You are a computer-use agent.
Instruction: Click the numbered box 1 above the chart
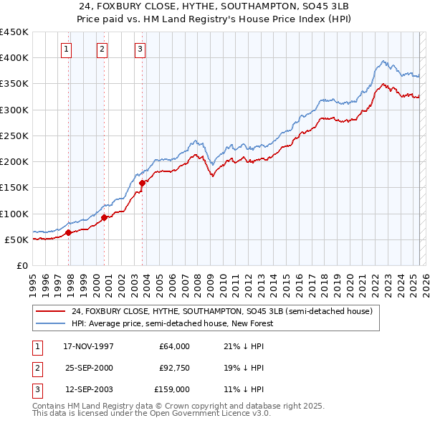pos(66,49)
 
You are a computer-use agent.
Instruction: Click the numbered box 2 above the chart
pos(102,49)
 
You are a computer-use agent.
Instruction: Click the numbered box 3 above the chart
pos(140,49)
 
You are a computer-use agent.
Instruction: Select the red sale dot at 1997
pos(69,232)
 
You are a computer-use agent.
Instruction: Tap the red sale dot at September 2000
pos(105,217)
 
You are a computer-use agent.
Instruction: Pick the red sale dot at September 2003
pos(142,183)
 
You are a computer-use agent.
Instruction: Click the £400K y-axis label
pos(14,57)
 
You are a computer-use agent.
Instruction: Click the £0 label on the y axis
pos(23,265)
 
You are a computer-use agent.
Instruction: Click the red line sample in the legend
pos(50,312)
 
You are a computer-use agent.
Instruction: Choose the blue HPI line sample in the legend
pos(50,323)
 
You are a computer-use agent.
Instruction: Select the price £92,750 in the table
pos(174,368)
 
